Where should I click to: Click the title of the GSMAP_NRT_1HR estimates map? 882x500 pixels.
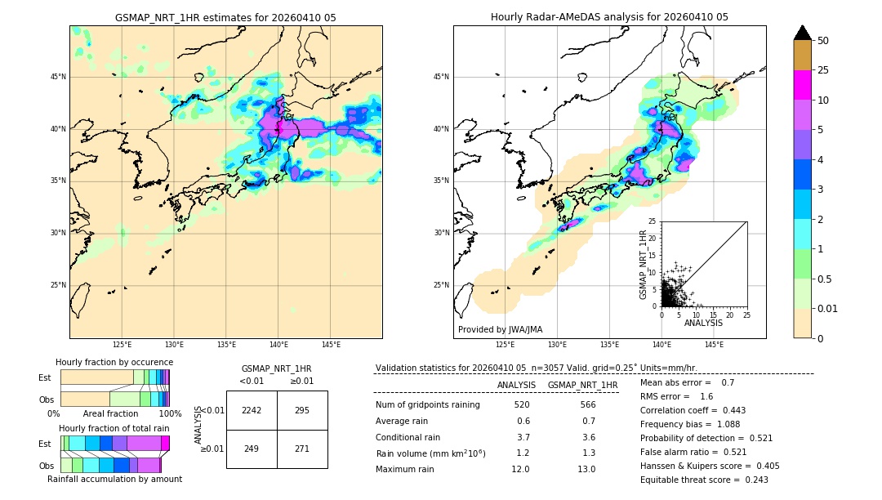[225, 17]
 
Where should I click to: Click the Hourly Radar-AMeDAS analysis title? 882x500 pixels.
[609, 17]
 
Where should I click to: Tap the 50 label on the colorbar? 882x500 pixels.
[823, 41]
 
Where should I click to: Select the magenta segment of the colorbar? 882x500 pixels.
[802, 85]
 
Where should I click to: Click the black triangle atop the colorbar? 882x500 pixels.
[802, 33]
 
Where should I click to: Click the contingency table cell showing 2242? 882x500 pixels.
[252, 410]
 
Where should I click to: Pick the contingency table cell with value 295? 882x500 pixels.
[302, 410]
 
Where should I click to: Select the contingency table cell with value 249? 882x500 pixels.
[252, 449]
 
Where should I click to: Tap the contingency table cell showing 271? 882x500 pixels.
[302, 449]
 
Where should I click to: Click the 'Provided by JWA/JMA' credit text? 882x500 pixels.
[500, 329]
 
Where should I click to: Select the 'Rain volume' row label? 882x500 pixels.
[430, 453]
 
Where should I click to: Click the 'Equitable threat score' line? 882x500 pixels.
[704, 480]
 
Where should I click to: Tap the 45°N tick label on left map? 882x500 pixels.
[59, 77]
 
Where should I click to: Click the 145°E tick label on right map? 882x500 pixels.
[714, 345]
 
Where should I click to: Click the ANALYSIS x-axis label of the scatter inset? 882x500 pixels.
[703, 323]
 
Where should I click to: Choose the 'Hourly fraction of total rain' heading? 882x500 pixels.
[114, 428]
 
